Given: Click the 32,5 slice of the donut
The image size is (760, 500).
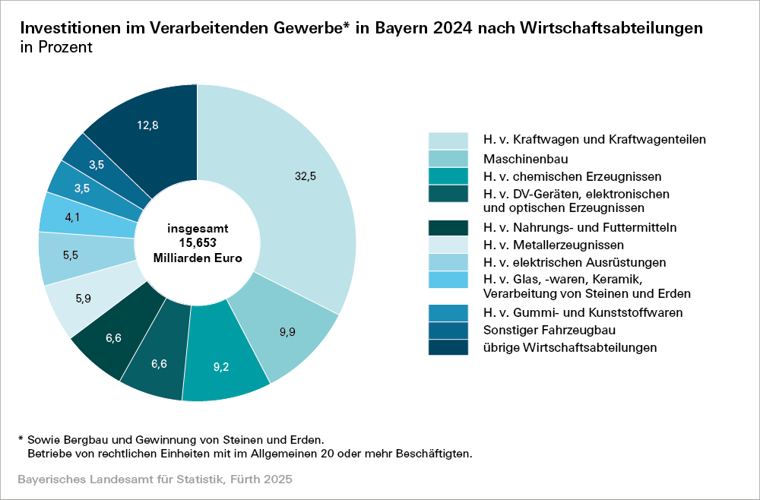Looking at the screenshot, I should pos(304,176).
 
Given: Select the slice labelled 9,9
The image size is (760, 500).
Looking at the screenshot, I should pos(287,332).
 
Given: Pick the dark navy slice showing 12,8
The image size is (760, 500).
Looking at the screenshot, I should pos(148,126).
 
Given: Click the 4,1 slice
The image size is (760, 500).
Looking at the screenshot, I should pos(73,217).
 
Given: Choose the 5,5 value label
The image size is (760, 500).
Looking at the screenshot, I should pos(71,255).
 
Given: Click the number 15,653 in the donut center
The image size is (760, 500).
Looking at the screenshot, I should pos(198,242).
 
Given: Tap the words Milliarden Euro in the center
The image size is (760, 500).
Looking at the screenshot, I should pos(198,258).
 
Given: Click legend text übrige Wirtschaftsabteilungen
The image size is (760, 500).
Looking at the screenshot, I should pos(570,347).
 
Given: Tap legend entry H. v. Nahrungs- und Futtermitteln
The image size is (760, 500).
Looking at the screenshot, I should pos(580,227).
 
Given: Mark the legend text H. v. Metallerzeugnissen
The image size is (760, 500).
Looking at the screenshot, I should pos(553,245).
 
